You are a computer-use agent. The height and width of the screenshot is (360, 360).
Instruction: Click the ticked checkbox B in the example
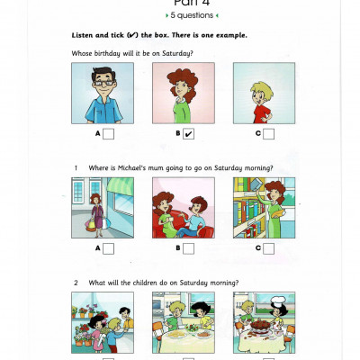[188, 134]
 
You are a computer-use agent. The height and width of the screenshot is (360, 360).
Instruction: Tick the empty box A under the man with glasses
[108, 134]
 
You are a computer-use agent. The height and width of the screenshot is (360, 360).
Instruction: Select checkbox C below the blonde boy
[268, 134]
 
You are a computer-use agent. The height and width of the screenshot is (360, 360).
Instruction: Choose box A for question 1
[108, 247]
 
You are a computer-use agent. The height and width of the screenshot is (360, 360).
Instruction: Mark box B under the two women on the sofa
[188, 247]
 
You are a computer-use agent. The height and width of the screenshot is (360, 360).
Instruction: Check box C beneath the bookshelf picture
[268, 247]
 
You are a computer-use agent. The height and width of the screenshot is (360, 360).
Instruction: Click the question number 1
[76, 168]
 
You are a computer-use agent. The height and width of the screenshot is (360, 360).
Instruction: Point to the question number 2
[76, 283]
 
